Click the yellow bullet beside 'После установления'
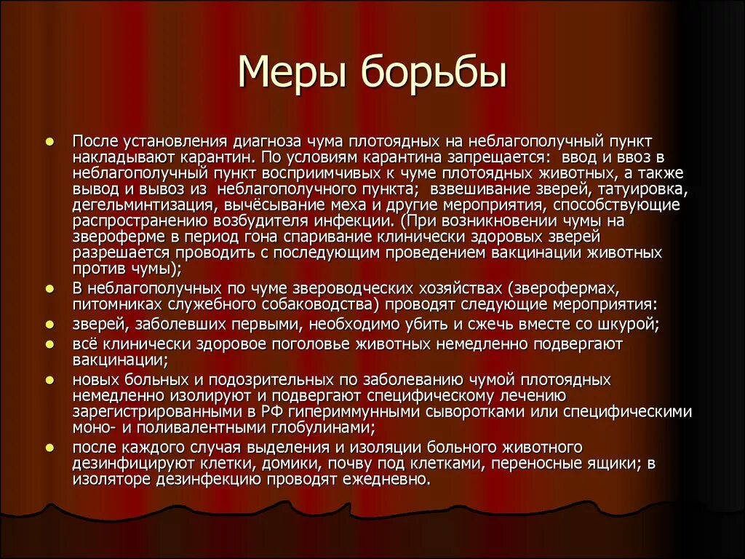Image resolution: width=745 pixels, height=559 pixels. pos(50,140)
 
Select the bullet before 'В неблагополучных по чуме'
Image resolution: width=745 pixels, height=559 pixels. pos(50,289)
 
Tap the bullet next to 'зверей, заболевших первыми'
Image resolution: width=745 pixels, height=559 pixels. pos(50,324)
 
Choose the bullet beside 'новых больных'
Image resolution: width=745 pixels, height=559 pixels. pos(50,380)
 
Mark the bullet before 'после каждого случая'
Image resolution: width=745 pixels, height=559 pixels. pos(50,448)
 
